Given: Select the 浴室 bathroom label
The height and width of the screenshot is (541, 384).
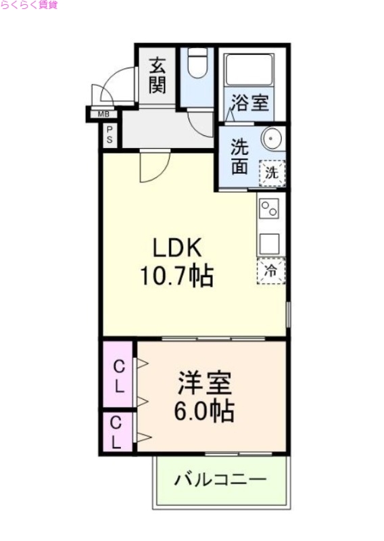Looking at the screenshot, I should point(251,103).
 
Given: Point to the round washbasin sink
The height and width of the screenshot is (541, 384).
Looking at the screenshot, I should point(272,138).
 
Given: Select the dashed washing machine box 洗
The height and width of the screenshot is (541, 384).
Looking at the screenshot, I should point(272,172).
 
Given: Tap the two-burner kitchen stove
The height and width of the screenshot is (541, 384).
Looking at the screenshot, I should point(270,208).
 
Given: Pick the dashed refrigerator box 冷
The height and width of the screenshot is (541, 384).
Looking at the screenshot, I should point(270,271).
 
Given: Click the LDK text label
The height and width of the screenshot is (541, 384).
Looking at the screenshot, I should point(176,248).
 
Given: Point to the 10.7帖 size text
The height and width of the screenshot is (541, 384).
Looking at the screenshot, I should point(176,276).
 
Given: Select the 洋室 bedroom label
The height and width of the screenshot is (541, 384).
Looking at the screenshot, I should point(204,383).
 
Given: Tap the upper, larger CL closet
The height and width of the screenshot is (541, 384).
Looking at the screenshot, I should point(118,377).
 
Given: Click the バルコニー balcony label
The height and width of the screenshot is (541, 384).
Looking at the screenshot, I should point(220,481).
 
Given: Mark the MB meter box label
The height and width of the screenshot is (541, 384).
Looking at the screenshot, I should point(103,114).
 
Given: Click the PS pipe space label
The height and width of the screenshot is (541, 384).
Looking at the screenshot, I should point(110,135).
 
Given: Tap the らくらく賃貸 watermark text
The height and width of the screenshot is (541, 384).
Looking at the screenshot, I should point(29,5).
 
